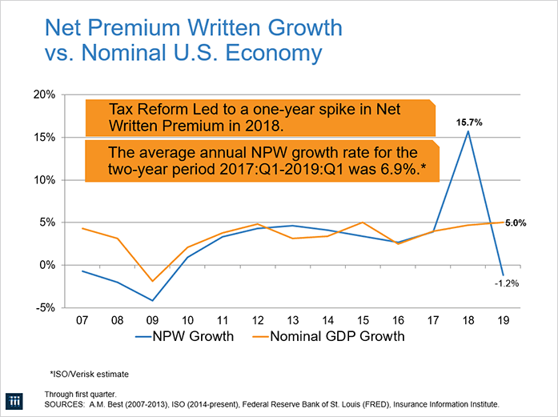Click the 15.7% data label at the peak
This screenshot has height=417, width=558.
click(x=470, y=122)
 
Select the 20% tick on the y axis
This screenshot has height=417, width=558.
click(x=44, y=94)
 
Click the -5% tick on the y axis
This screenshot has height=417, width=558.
click(x=44, y=307)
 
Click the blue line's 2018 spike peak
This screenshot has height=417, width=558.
click(x=468, y=131)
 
